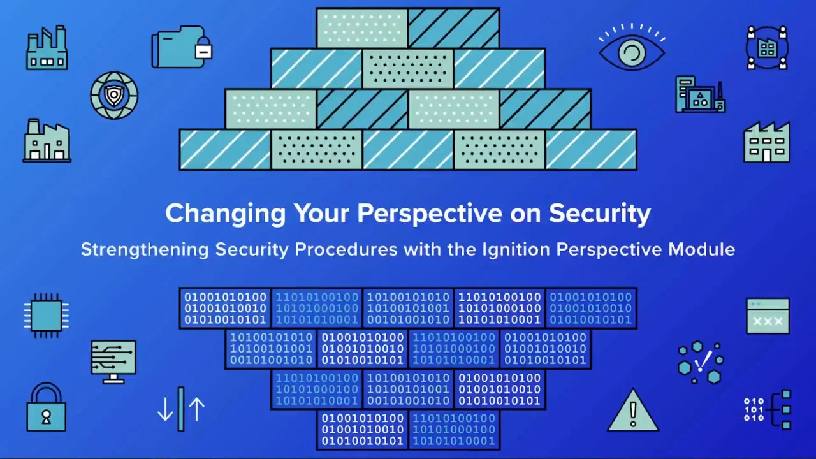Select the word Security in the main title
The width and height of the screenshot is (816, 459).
pos(600,214)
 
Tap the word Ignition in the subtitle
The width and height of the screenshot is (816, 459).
pos(516,250)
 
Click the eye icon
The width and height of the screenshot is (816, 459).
pos(632,48)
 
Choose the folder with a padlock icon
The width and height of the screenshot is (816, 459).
pos(182,47)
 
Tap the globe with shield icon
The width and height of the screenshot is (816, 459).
pos(114,96)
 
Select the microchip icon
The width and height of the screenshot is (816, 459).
pos(47,316)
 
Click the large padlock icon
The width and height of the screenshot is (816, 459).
pos(47,407)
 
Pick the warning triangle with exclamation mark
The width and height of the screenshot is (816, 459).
pos(633,411)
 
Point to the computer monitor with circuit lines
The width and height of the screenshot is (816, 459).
pos(113,361)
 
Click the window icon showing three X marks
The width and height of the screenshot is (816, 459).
pos(768,316)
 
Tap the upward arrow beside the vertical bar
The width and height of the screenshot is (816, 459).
pos(197,409)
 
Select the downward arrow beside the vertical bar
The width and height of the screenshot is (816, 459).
pos(165,409)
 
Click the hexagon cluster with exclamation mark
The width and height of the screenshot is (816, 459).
pos(701,362)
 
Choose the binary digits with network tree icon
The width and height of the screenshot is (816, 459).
pos(768,410)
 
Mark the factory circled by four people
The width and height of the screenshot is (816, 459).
pos(767,47)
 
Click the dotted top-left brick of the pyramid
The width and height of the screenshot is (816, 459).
pos(362,28)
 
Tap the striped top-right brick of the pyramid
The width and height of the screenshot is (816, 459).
pos(454,28)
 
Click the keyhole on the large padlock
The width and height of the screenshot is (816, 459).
pos(47,417)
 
